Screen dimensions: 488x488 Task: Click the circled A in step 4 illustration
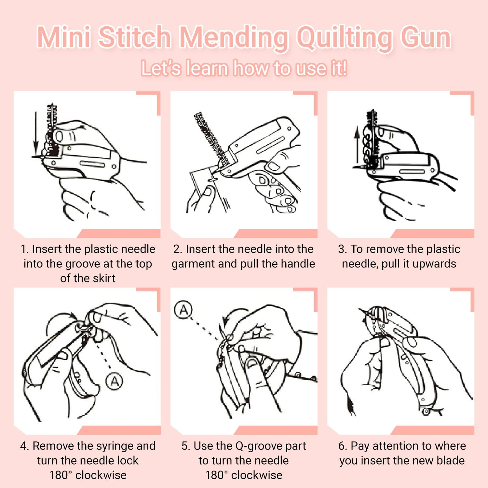(x=115, y=381)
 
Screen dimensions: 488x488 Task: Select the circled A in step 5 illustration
(x=183, y=310)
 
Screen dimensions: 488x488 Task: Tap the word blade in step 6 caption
(x=451, y=461)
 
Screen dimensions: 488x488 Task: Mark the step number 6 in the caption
(x=342, y=446)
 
